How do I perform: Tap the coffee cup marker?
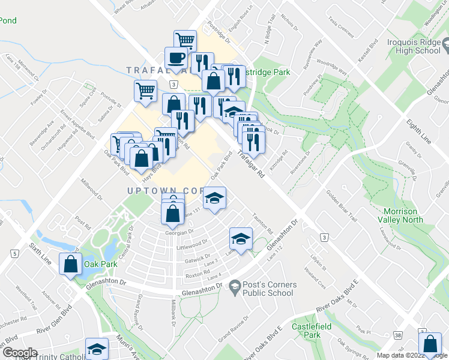coord(176,58)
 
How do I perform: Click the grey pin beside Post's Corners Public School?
coord(234,289)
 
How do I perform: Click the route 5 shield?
coord(13,254)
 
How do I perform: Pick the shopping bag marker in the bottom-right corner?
coord(430,345)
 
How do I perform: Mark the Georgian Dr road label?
coord(179,232)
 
